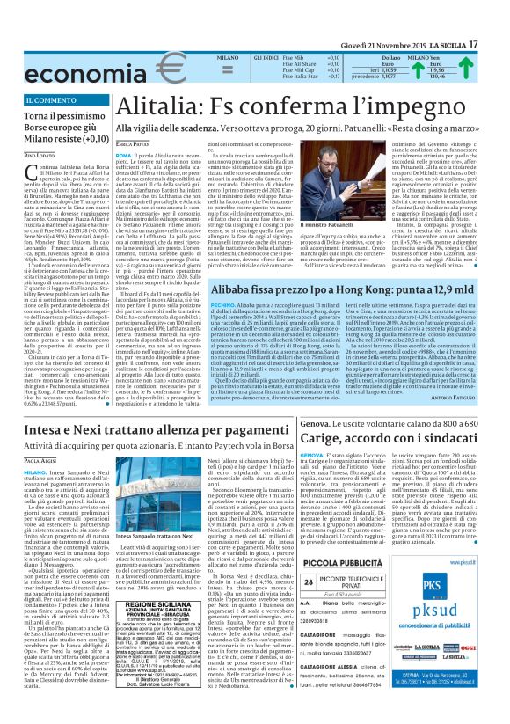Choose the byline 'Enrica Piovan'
(133, 142)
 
